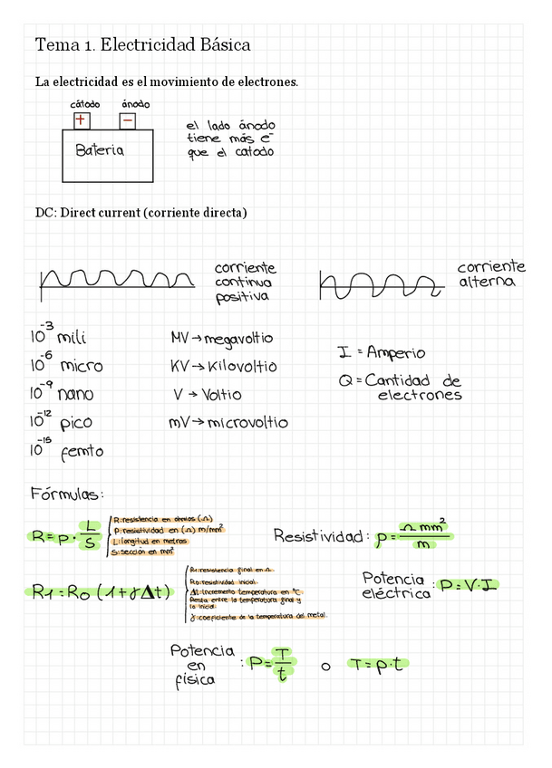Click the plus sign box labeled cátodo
(x=82, y=120)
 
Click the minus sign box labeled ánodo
(x=129, y=120)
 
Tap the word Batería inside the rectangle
(x=100, y=151)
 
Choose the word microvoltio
(x=247, y=423)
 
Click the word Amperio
(x=395, y=353)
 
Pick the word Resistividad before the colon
(x=318, y=536)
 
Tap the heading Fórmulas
(x=68, y=494)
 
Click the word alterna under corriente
(x=487, y=283)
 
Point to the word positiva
(x=241, y=297)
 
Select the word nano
(x=75, y=395)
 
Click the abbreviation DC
(x=44, y=213)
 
